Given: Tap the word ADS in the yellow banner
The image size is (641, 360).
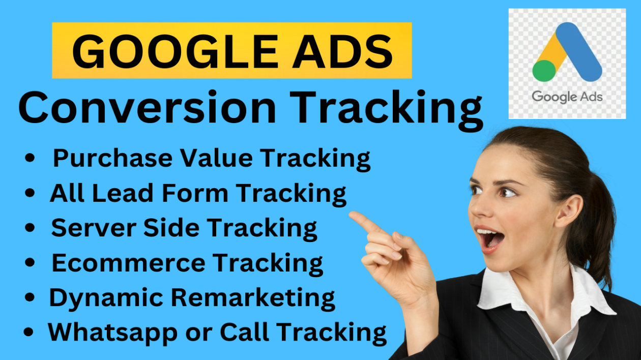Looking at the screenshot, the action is point(342,51).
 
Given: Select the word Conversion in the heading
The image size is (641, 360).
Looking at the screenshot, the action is point(148,107).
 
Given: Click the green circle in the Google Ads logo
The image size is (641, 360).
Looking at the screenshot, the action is point(544,71).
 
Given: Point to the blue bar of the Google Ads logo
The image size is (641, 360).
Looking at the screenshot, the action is point(578,52).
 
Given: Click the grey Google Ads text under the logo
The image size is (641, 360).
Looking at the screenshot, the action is point(567,97).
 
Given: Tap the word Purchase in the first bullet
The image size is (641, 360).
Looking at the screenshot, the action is point(113,158).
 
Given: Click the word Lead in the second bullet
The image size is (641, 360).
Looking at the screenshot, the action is point(123,193).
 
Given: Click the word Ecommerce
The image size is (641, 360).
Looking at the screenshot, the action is point(129,263).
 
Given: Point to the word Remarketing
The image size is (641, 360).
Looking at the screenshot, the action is point(253,298).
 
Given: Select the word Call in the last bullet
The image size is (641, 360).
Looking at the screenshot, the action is point(245,332).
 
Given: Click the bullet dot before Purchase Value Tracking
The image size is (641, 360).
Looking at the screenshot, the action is point(30,158).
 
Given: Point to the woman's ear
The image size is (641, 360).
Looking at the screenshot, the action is point(569,211).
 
